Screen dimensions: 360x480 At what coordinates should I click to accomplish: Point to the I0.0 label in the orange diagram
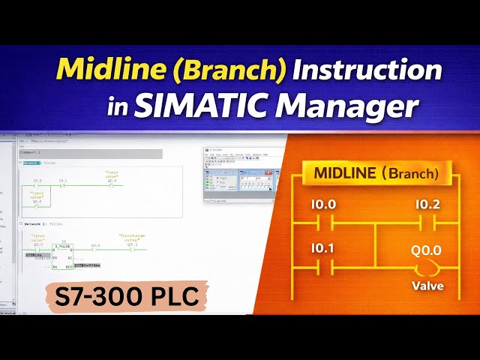tap(325, 205)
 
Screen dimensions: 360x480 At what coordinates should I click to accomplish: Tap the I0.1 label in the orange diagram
tap(325, 247)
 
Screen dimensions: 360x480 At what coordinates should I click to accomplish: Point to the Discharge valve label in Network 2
tap(132, 238)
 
